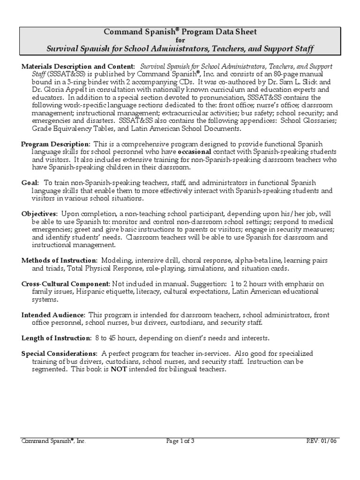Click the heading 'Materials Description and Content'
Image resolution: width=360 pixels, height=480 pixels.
(78, 67)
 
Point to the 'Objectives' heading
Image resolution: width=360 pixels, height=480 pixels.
(39, 214)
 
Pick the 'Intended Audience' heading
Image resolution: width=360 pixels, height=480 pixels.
(53, 315)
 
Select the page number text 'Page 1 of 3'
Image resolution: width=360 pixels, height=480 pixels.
(180, 441)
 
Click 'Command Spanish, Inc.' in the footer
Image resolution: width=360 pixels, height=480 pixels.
(53, 441)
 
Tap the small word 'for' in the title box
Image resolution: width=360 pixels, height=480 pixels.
(180, 40)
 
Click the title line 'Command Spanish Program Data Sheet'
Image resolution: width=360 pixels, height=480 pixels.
(180, 32)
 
